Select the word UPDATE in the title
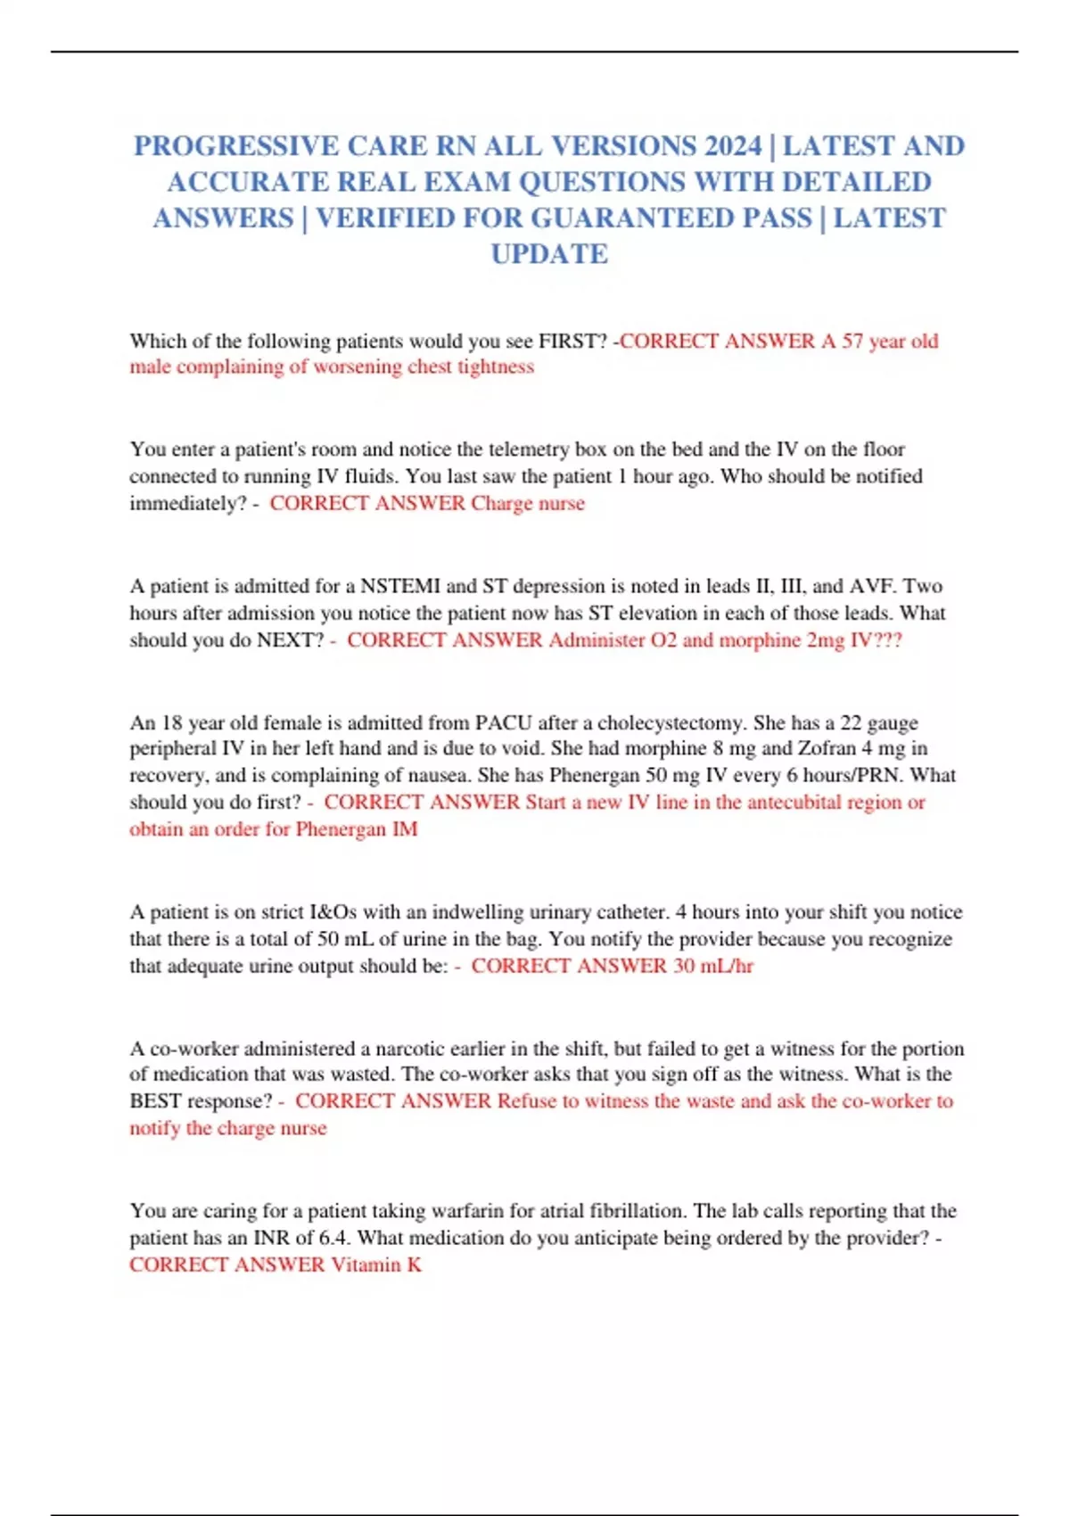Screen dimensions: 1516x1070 (x=549, y=254)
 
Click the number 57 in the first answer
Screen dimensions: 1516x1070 (x=852, y=341)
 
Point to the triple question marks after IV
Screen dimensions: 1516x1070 (x=887, y=640)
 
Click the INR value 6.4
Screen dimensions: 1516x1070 (x=333, y=1238)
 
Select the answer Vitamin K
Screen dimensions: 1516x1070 (x=376, y=1265)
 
